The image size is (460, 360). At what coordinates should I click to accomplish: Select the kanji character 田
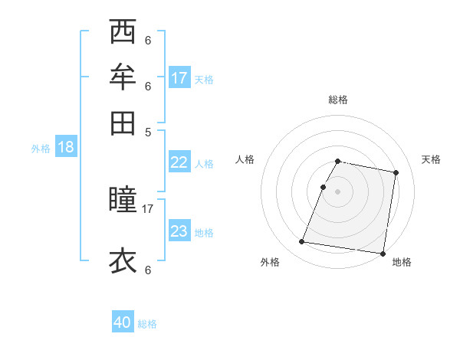pyautogui.click(x=123, y=122)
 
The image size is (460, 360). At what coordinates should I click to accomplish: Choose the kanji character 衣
pyautogui.click(x=123, y=260)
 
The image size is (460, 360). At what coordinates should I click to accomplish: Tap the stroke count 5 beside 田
pyautogui.click(x=148, y=131)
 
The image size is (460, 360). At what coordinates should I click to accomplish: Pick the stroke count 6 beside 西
pyautogui.click(x=148, y=41)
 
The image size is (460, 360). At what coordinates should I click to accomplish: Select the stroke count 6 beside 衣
pyautogui.click(x=148, y=270)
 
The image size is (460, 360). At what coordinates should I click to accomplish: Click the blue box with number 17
pyautogui.click(x=179, y=78)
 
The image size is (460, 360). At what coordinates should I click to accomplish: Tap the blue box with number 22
pyautogui.click(x=179, y=162)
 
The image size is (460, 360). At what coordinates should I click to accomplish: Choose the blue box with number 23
pyautogui.click(x=179, y=231)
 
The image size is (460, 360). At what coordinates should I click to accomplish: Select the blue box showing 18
pyautogui.click(x=66, y=148)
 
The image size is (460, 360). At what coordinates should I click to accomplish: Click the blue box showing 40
pyautogui.click(x=123, y=323)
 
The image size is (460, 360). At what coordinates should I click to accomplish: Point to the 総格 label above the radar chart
pyautogui.click(x=338, y=100)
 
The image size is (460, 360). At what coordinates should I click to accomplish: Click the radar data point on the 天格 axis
pyautogui.click(x=396, y=173)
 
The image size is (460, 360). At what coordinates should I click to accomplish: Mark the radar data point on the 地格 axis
pyautogui.click(x=383, y=253)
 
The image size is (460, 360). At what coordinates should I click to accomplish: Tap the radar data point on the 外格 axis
pyautogui.click(x=302, y=242)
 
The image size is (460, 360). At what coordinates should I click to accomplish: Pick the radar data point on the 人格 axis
pyautogui.click(x=323, y=187)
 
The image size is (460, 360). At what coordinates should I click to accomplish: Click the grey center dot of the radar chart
pyautogui.click(x=338, y=191)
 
